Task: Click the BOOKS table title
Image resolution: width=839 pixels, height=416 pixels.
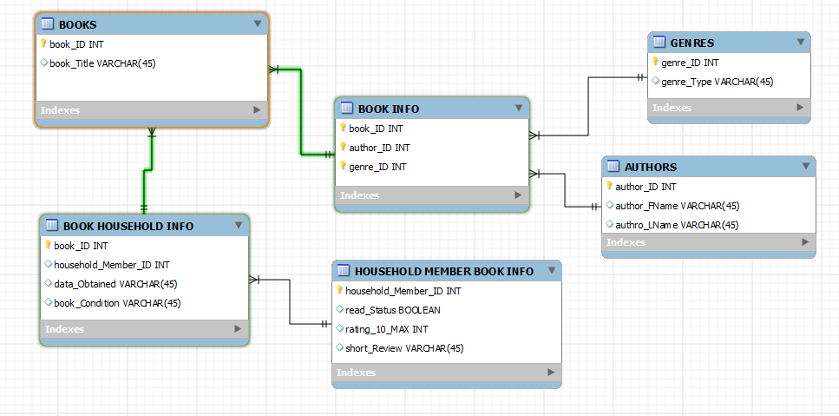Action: coord(77,24)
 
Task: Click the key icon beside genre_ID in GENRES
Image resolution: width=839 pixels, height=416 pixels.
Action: coord(655,63)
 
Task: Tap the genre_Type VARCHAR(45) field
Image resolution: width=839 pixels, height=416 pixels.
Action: coord(717,82)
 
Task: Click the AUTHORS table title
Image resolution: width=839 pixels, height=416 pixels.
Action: coord(651,167)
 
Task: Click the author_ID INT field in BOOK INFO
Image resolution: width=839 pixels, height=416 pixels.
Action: coord(379,148)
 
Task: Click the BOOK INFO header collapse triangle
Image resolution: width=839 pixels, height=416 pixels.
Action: coord(518,109)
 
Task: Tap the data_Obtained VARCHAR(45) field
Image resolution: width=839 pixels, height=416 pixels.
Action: coord(115,284)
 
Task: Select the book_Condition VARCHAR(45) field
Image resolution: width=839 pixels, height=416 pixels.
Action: coord(117,303)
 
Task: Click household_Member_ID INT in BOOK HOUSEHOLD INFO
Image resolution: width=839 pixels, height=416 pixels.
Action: coord(111,265)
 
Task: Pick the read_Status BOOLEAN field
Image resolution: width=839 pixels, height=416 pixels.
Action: coord(393,310)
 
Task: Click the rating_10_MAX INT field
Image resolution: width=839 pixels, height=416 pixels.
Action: coord(387,329)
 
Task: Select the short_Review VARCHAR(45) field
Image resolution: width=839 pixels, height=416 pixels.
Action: coord(404,348)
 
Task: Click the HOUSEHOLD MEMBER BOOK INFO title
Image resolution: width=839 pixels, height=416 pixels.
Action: coord(443,271)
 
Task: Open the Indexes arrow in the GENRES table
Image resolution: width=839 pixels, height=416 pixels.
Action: coord(801,108)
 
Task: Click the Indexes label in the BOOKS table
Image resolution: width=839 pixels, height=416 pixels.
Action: coord(61,110)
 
